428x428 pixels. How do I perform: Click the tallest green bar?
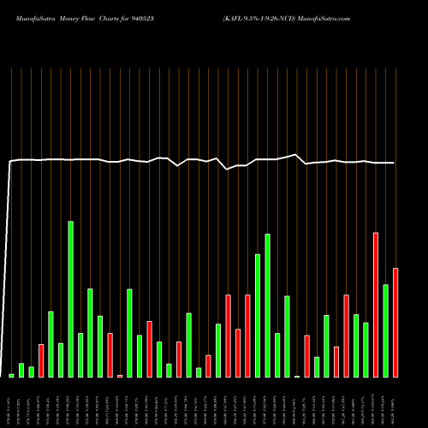pos(70,299)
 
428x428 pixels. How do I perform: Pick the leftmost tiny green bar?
pos(11,375)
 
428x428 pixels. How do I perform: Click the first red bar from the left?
pos(41,360)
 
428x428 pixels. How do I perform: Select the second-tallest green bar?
pos(267,305)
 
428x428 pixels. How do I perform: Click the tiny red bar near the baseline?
pos(120,375)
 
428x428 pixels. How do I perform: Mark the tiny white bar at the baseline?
pos(297,376)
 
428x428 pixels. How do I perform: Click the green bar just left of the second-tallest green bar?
pos(258,315)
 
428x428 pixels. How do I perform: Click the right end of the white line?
pos(394,163)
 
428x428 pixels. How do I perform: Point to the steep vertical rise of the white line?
pos(9,265)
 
